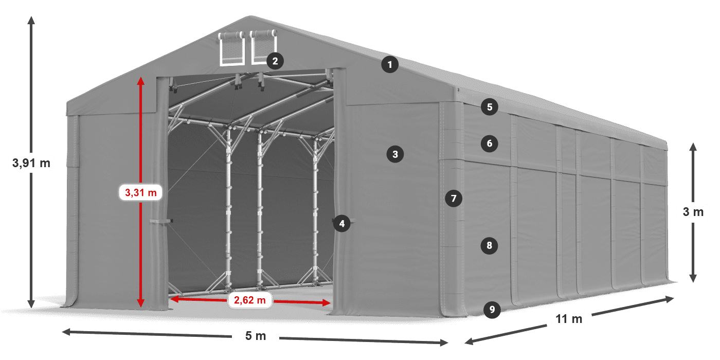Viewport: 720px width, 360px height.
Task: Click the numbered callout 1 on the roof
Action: click(390, 65)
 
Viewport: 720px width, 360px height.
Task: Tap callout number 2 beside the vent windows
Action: click(275, 61)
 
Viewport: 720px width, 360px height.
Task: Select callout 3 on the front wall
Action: click(395, 154)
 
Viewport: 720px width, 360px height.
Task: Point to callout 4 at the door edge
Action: click(341, 223)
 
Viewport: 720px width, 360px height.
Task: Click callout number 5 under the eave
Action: click(490, 107)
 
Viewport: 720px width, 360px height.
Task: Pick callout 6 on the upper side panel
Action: click(490, 143)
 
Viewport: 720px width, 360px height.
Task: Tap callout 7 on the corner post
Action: click(453, 198)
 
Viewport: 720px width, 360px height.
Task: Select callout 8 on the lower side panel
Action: click(489, 245)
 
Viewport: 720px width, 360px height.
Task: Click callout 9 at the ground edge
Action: click(492, 309)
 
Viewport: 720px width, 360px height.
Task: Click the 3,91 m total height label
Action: click(31, 164)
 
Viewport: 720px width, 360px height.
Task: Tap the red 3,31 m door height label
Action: click(140, 193)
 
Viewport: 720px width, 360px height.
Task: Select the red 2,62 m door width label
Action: click(250, 300)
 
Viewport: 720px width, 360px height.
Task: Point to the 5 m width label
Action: click(256, 336)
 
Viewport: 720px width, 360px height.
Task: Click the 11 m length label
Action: click(569, 319)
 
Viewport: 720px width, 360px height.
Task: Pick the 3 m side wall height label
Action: click(693, 212)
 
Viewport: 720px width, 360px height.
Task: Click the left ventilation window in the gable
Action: click(231, 49)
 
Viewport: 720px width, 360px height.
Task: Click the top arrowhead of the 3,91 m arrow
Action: click(31, 20)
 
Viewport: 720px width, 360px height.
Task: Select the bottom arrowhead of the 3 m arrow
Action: click(693, 279)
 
